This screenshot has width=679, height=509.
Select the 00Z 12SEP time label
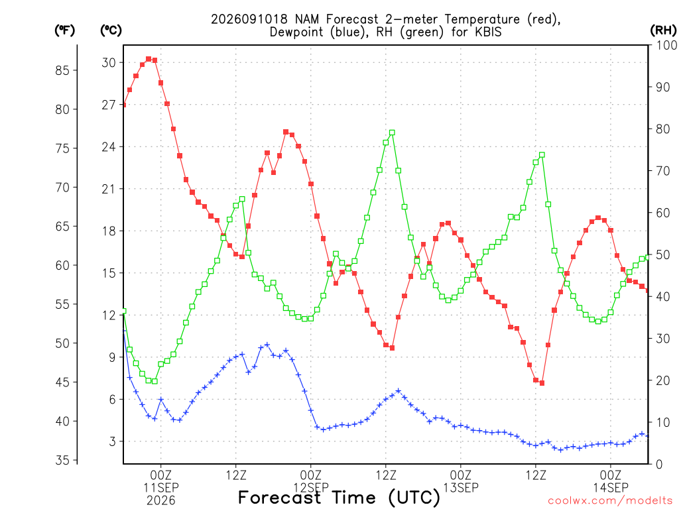click(x=311, y=481)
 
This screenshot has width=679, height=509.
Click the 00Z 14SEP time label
click(x=611, y=481)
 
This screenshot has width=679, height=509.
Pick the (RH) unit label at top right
click(x=663, y=30)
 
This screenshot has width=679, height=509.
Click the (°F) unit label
click(x=65, y=30)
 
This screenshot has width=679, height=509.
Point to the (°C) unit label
click(x=111, y=30)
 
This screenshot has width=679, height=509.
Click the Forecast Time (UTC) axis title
click(x=339, y=498)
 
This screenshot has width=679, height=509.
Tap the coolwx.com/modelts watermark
click(x=610, y=501)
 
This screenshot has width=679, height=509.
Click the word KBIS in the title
click(x=489, y=32)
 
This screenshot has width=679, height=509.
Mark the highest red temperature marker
click(x=149, y=59)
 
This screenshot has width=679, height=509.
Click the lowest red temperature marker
click(x=542, y=383)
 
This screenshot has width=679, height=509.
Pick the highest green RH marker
click(x=392, y=133)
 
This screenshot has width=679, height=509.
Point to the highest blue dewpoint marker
click(x=267, y=345)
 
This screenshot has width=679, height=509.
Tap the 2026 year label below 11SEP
click(x=161, y=501)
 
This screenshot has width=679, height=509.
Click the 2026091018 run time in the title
click(x=249, y=19)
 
